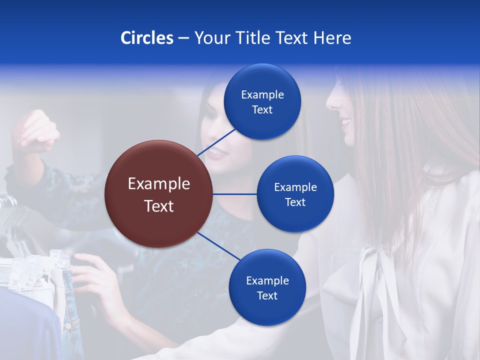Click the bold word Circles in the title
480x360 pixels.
tap(146, 38)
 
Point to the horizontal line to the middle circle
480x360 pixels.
tap(235, 194)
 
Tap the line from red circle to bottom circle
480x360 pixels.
tap(218, 246)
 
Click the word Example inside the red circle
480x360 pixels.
tap(158, 184)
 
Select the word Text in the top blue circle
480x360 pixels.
tap(262, 110)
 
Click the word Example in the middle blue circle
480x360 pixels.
tap(295, 187)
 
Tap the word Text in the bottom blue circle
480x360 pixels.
tap(267, 295)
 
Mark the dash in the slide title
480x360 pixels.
tap(183, 38)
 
